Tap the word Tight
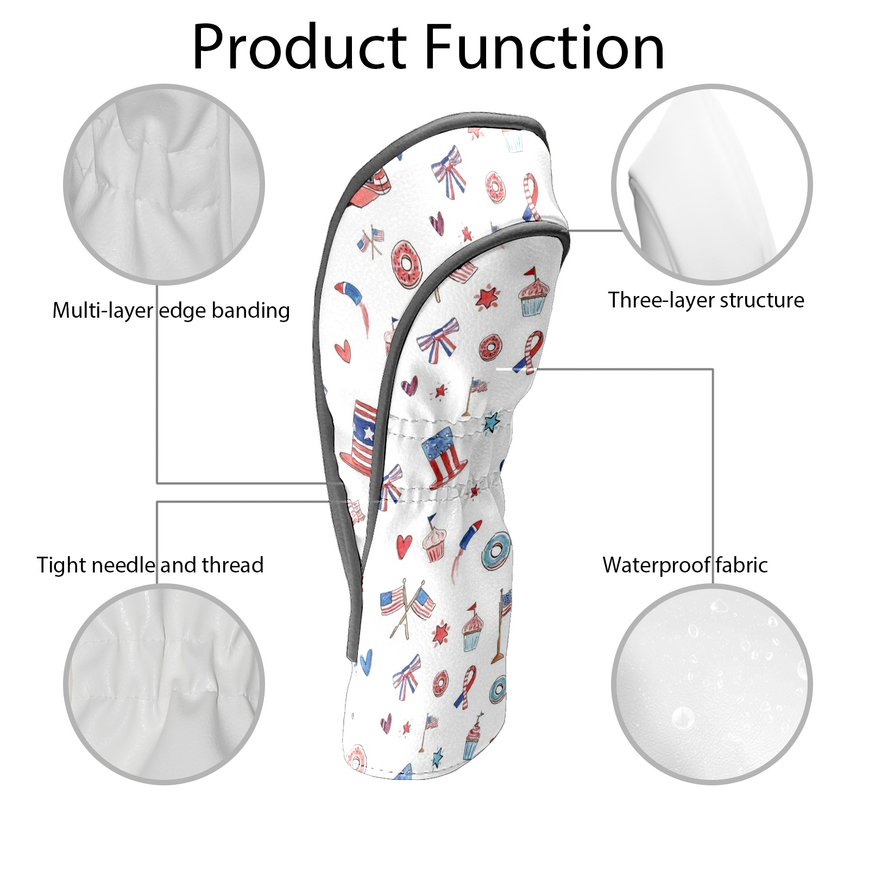[61, 565]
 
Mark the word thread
[232, 565]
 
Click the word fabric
[741, 565]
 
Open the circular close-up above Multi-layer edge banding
[164, 185]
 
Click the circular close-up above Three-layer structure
[712, 185]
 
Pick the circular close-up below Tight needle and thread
[164, 684]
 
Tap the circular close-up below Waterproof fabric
[712, 684]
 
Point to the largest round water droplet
[683, 717]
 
